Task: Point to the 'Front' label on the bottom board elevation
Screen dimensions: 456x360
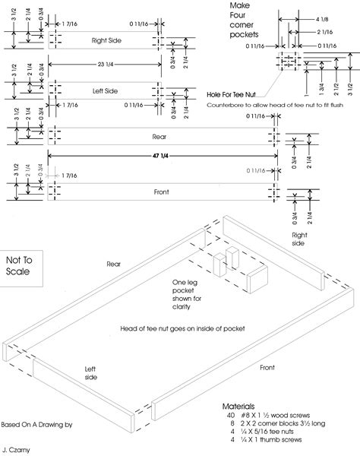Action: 160,192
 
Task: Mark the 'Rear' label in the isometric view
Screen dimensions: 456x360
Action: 114,264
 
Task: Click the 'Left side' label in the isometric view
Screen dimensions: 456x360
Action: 93,369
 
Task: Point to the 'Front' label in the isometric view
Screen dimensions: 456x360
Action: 267,367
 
